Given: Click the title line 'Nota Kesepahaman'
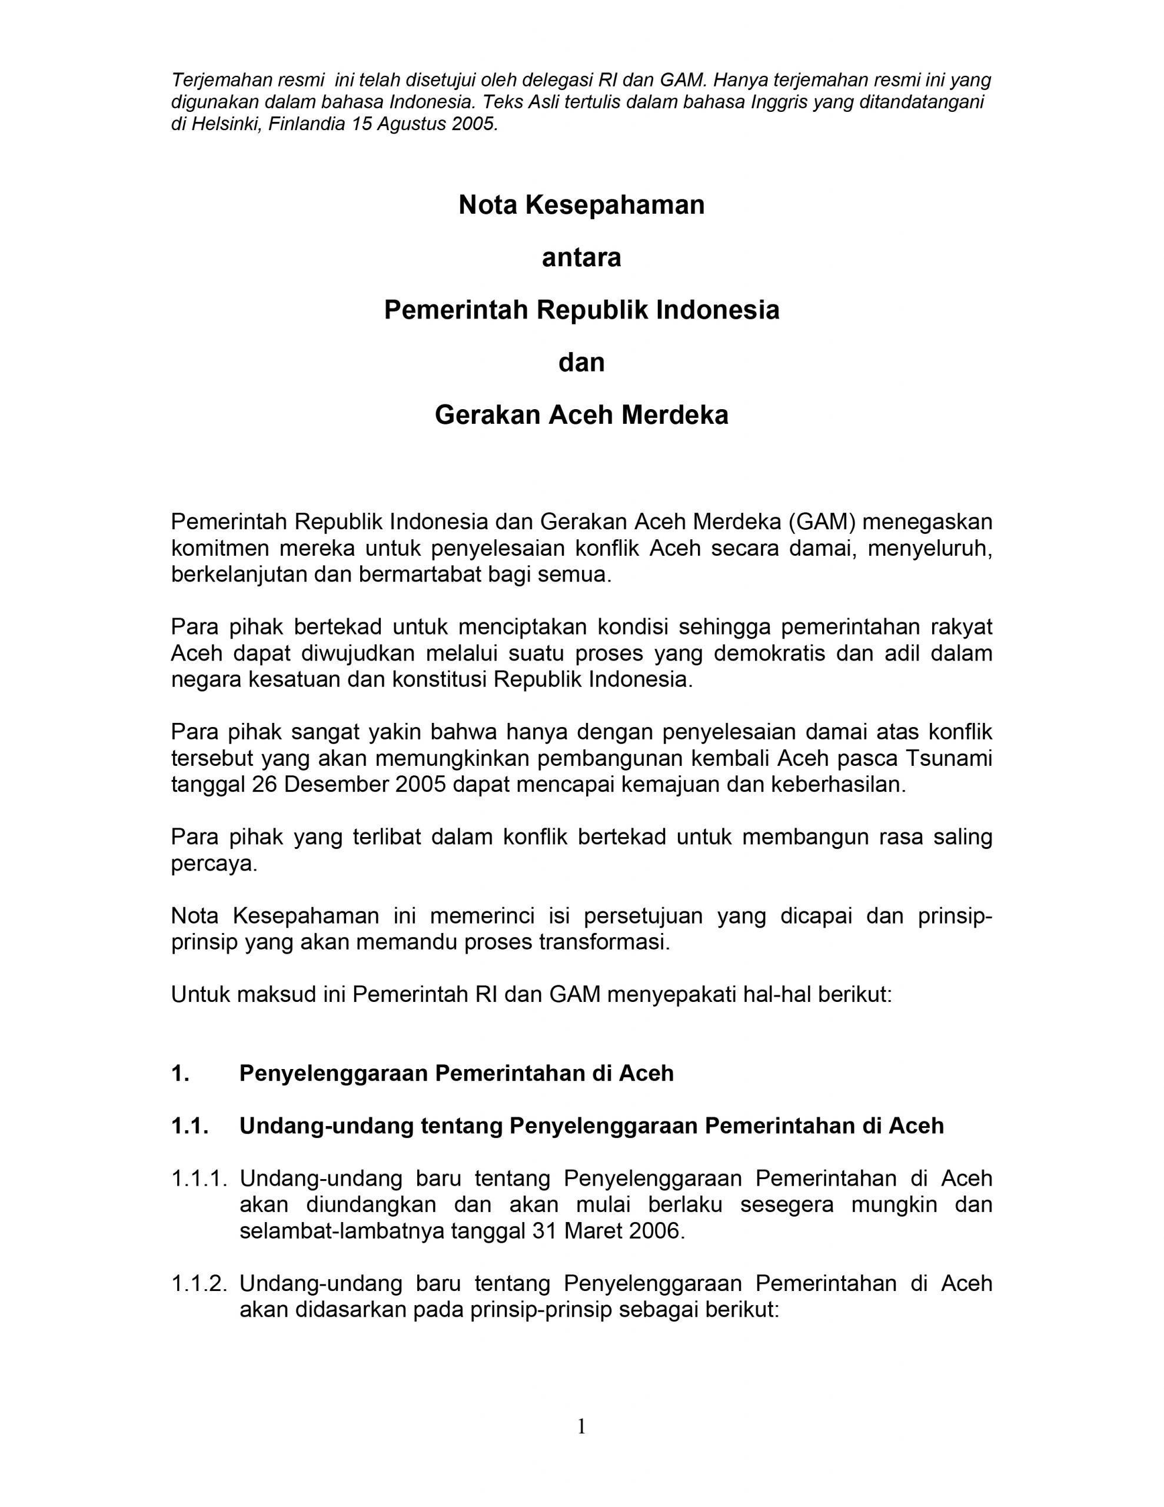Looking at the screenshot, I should click(x=581, y=205).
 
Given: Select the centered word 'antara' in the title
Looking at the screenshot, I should click(x=581, y=257).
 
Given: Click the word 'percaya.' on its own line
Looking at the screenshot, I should click(x=214, y=864).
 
